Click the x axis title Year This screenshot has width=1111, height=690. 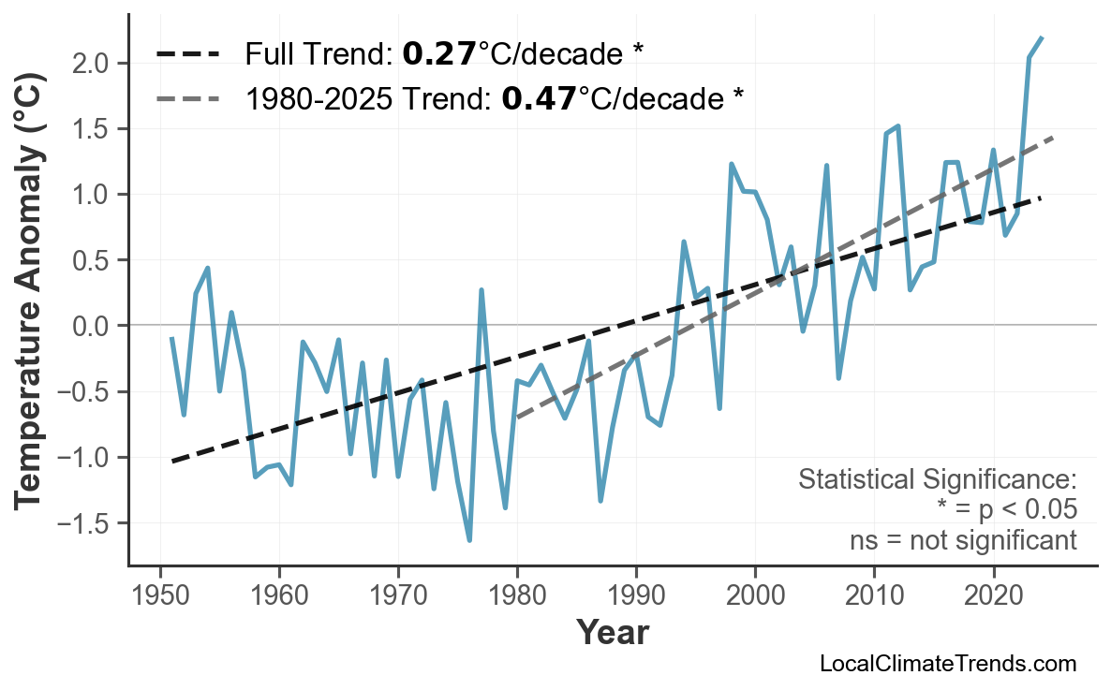[612, 634]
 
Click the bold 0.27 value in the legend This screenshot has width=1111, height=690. [439, 54]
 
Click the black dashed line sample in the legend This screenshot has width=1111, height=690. [187, 54]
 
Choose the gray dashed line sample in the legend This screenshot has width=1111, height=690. [187, 97]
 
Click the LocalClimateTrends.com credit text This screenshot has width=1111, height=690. [947, 664]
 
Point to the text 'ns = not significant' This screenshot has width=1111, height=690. [963, 540]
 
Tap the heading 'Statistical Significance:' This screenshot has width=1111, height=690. [937, 480]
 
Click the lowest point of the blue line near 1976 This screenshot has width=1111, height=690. [469, 540]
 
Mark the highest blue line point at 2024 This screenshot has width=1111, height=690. [1042, 37]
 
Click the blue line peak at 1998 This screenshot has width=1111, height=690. [731, 164]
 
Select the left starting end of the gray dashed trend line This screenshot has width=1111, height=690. [517, 417]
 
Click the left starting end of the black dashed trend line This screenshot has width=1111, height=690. [172, 461]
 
